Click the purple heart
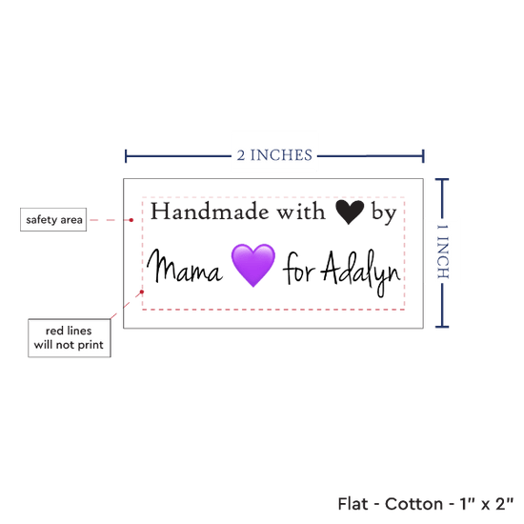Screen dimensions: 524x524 click(x=253, y=265)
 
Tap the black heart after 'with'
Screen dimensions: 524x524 click(x=350, y=212)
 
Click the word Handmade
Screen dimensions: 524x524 click(x=210, y=212)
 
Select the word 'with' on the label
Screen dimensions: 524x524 click(x=301, y=212)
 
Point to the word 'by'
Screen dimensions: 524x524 click(x=384, y=212)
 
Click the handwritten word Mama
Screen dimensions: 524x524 click(x=185, y=267)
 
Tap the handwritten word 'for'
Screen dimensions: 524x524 click(x=299, y=269)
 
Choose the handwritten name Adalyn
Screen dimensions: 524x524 click(x=361, y=273)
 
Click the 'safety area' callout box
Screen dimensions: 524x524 click(x=53, y=219)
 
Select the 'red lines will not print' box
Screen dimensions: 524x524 click(x=70, y=338)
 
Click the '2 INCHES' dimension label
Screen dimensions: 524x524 click(x=274, y=155)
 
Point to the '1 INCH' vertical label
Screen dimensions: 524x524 click(x=443, y=252)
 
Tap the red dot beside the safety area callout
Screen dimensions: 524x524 click(x=131, y=220)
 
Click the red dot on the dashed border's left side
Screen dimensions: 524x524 click(x=142, y=292)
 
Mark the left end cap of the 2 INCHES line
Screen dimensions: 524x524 click(x=126, y=156)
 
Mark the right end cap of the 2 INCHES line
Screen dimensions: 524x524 click(x=423, y=156)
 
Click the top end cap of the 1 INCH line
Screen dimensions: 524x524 click(x=442, y=180)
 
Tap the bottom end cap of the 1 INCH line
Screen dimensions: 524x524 click(x=442, y=327)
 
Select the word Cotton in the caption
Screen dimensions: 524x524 click(x=413, y=504)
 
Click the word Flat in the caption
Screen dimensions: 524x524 click(x=353, y=504)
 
